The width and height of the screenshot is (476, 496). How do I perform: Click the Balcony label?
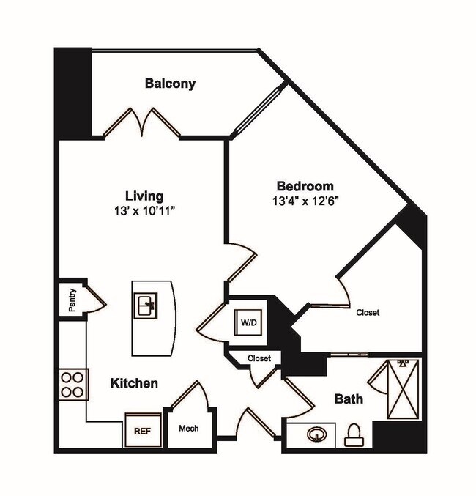(x=170, y=84)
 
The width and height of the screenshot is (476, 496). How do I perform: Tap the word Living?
(x=144, y=196)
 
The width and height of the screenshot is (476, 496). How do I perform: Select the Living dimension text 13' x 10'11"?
(x=144, y=211)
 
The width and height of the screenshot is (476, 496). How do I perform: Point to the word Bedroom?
(x=305, y=186)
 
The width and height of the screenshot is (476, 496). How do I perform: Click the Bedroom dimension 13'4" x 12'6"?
(x=305, y=200)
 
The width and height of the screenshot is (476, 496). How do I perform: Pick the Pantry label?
(x=72, y=299)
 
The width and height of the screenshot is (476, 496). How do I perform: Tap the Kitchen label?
(x=134, y=383)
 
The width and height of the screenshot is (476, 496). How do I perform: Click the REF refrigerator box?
(x=141, y=432)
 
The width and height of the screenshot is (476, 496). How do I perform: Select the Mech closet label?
(x=189, y=428)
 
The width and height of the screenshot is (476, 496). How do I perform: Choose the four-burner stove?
(x=73, y=384)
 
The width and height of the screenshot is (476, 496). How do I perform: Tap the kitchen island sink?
(x=146, y=305)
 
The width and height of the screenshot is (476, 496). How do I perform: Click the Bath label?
(x=349, y=399)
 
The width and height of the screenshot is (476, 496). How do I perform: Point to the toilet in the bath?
(x=353, y=434)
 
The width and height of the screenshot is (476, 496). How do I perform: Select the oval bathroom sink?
(x=316, y=435)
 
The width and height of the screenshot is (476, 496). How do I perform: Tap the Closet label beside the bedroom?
(x=368, y=313)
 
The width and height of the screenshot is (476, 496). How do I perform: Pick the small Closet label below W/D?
(x=259, y=359)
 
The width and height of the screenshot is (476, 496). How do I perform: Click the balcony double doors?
(x=141, y=122)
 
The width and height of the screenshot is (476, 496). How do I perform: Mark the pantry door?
(x=96, y=299)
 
